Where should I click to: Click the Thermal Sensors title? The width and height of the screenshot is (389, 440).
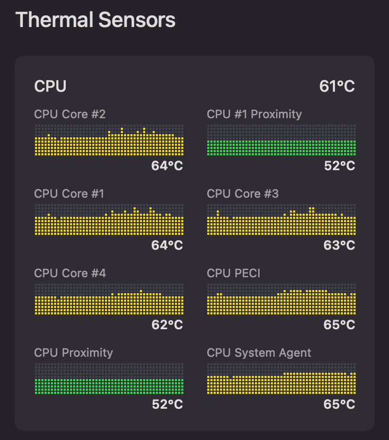(x=95, y=20)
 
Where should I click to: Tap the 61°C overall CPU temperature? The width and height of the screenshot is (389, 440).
(x=337, y=86)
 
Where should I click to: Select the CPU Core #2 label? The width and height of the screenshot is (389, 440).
(x=70, y=114)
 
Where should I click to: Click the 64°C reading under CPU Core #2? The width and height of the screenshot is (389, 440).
(x=167, y=166)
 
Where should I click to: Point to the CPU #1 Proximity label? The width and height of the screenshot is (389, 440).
(x=254, y=114)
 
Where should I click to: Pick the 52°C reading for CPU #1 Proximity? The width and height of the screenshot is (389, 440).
(x=340, y=166)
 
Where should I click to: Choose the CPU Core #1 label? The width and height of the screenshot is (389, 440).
(x=69, y=193)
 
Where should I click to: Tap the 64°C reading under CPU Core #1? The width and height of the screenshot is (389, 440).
(x=167, y=245)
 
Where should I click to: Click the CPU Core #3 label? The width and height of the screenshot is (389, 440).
(x=243, y=193)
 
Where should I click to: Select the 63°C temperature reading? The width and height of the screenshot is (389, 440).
(x=340, y=245)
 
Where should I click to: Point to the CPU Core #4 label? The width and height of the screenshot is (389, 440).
(x=70, y=273)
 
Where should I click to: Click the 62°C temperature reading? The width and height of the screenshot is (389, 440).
(x=167, y=325)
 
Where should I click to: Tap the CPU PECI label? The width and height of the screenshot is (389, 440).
(x=234, y=273)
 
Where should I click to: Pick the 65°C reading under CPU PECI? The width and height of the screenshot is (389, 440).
(x=340, y=325)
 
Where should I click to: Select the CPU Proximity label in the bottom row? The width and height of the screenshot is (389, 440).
(x=74, y=353)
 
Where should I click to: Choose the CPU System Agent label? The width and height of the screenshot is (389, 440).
(x=259, y=353)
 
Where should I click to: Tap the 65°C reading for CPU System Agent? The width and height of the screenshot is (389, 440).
(x=340, y=404)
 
